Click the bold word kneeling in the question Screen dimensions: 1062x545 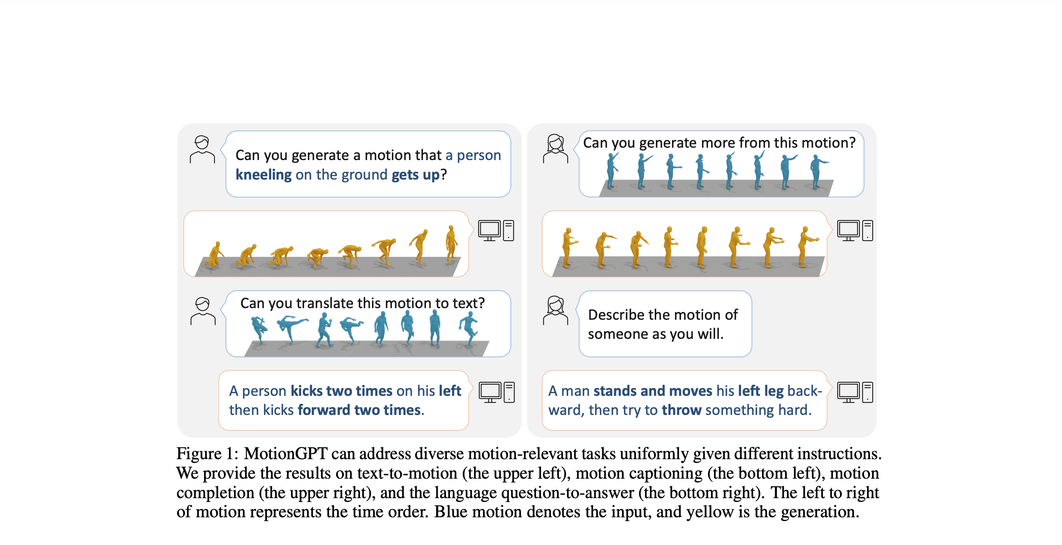point(264,175)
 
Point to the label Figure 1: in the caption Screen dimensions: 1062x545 point(207,454)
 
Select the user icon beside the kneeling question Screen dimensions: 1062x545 point(202,150)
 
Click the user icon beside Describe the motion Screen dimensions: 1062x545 point(555,310)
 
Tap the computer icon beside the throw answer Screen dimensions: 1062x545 point(855,392)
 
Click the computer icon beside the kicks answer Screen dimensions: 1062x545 point(496,392)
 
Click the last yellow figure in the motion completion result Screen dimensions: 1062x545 point(806,246)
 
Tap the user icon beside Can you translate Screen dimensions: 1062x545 point(203,311)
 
